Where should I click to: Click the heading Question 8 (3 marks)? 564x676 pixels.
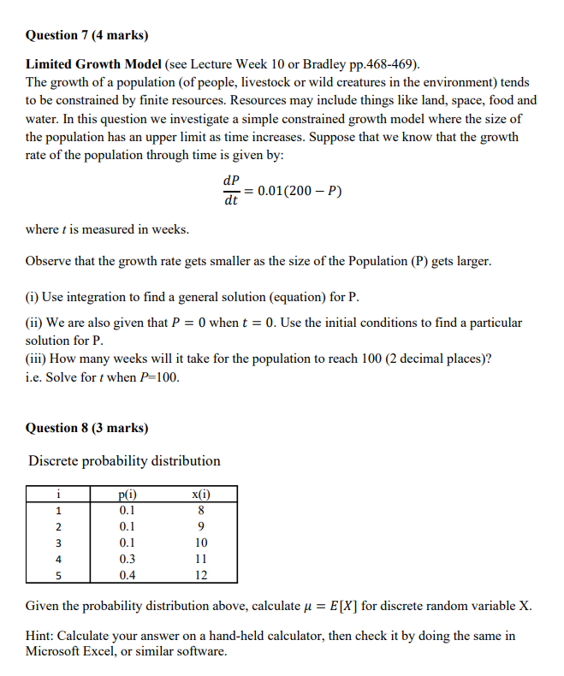(x=86, y=427)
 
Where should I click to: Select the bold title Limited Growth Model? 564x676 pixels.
(x=93, y=64)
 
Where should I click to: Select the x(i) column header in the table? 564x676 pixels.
(x=201, y=494)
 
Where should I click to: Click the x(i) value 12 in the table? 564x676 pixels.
(x=201, y=575)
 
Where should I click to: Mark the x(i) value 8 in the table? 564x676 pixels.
(x=201, y=510)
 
